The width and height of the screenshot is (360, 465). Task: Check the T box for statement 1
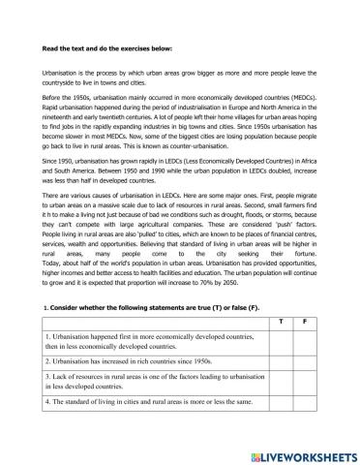[281, 339]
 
